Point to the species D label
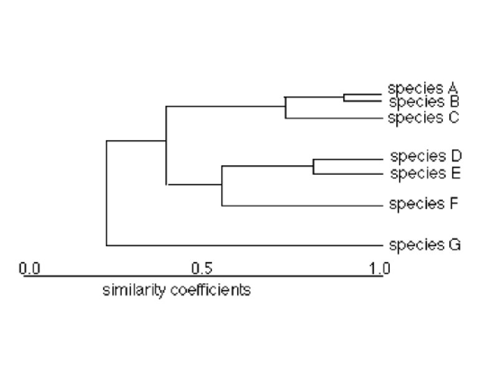pos(425,156)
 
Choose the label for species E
pos(425,173)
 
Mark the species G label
pos(425,244)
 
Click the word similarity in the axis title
pos(129,290)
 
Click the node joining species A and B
pos(344,97)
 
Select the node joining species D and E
pos(313,166)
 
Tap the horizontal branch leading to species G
pos(243,245)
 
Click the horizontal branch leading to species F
pos(299,206)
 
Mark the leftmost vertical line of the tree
pos(107,193)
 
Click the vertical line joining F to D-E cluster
pos(222,186)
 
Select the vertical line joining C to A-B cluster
pos(285,108)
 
